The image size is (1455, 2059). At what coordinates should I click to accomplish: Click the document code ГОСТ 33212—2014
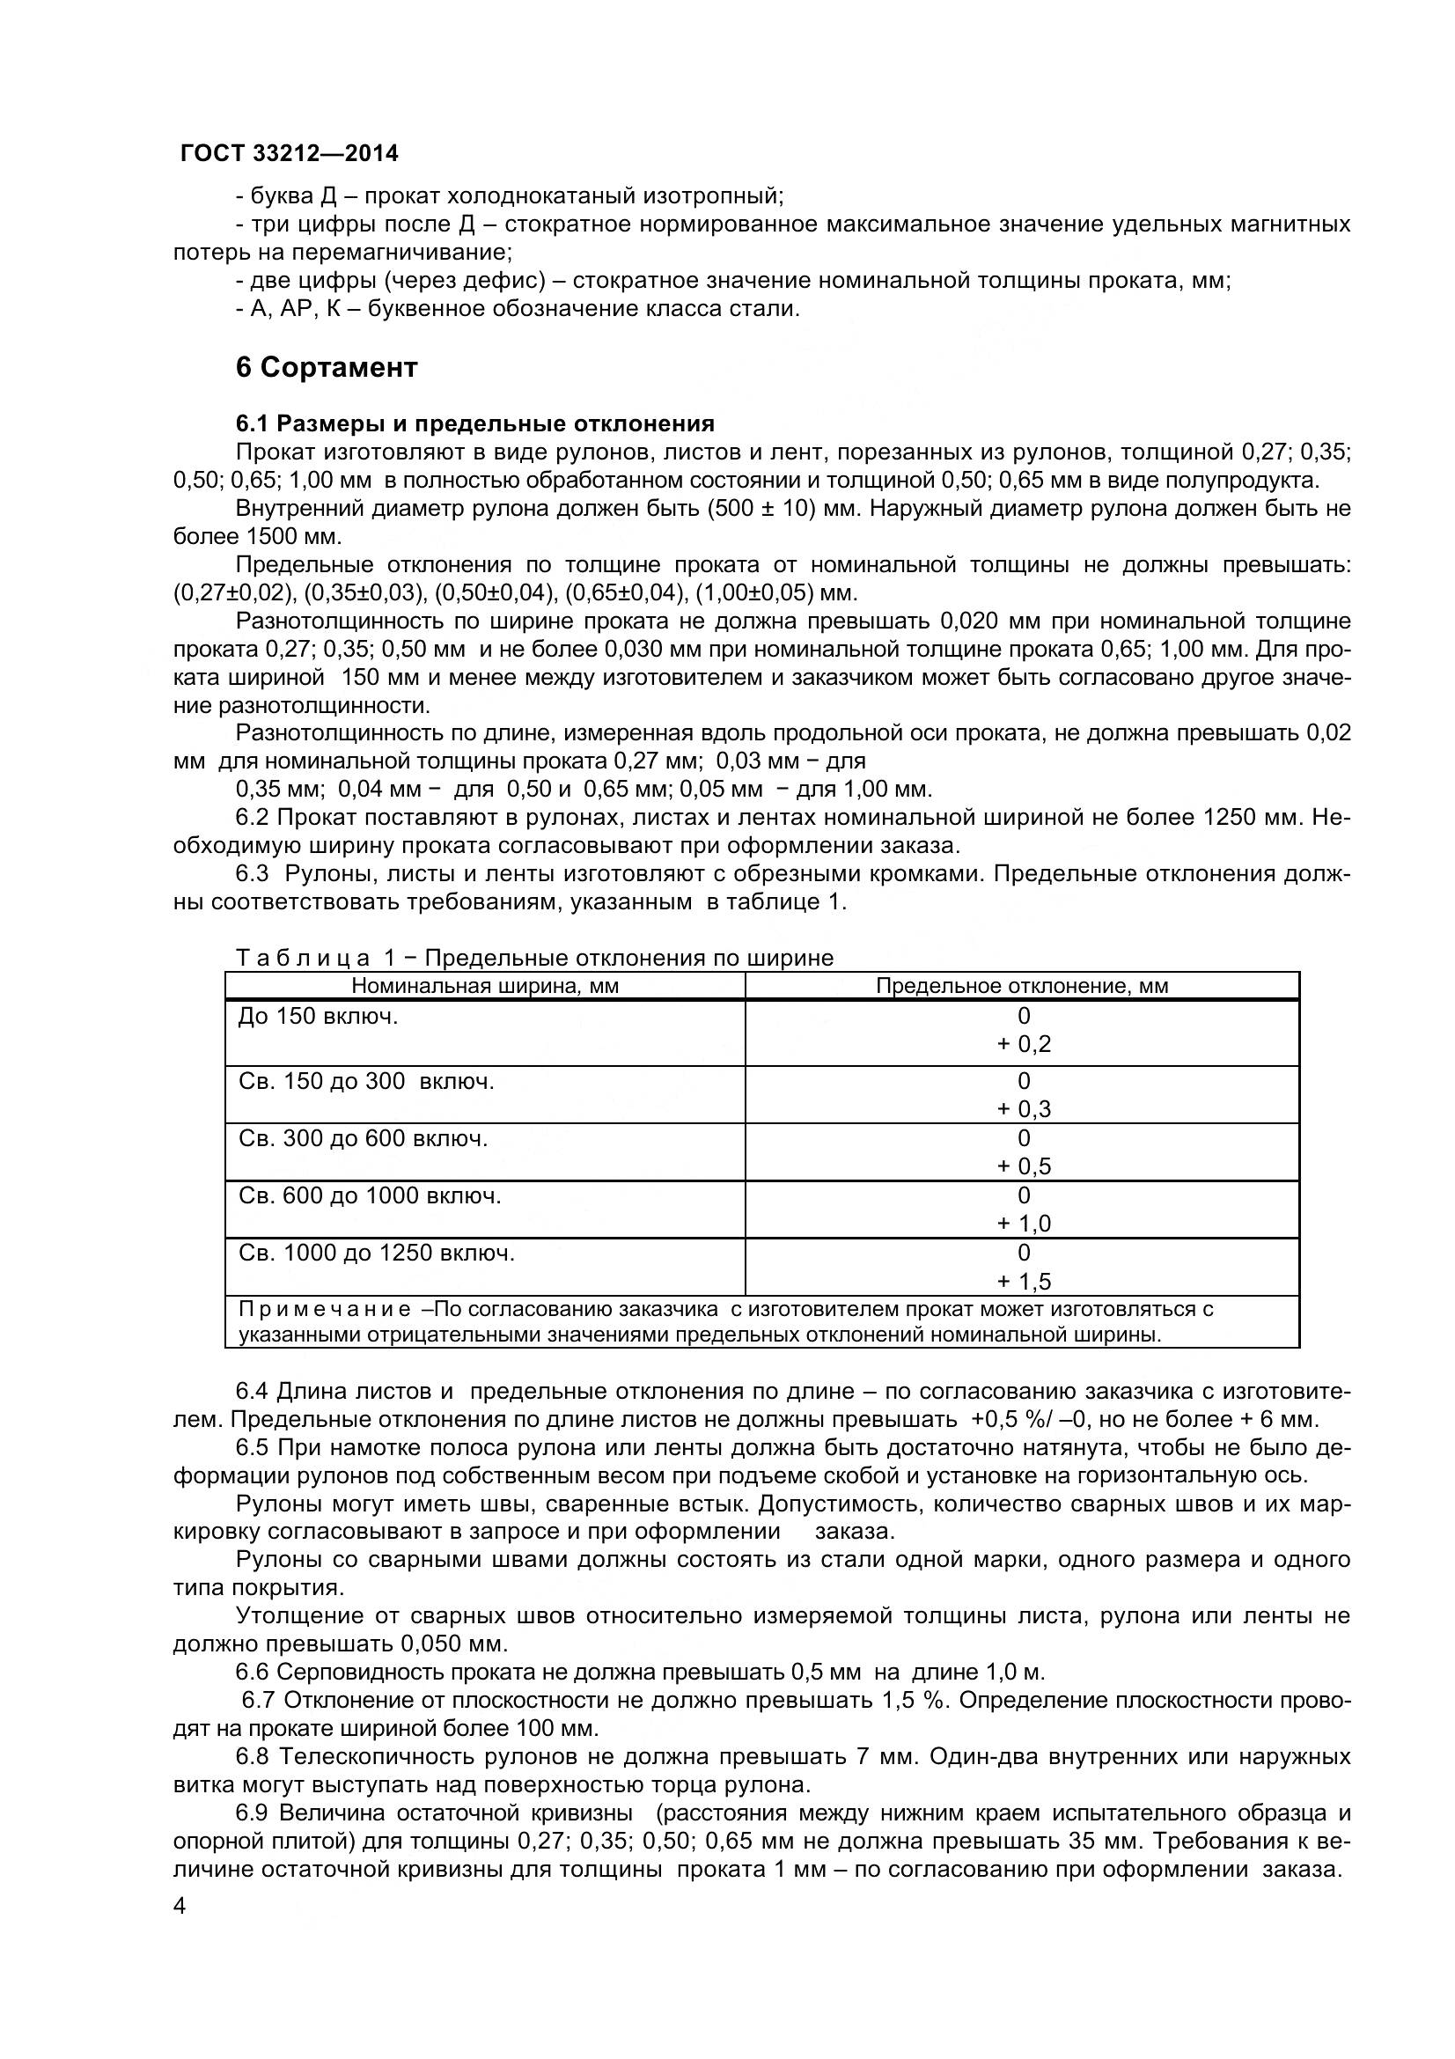290,154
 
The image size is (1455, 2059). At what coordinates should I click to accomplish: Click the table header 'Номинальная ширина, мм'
484,987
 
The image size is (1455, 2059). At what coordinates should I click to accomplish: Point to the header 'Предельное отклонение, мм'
1021,987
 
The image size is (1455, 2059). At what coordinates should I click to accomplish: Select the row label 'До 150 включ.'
318,1017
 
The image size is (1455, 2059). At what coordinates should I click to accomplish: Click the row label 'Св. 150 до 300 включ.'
366,1082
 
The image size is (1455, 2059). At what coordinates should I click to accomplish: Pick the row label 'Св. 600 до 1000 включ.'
370,1196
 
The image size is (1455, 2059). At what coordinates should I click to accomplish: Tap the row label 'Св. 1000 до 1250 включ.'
377,1253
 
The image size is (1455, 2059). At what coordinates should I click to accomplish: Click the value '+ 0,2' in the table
1024,1044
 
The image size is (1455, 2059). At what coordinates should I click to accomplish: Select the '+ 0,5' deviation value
1024,1166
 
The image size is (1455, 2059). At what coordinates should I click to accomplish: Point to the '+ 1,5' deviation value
1024,1282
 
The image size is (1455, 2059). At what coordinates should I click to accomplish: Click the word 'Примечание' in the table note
325,1309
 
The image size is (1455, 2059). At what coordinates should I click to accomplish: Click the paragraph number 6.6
253,1672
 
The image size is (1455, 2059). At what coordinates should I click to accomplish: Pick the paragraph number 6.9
253,1813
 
